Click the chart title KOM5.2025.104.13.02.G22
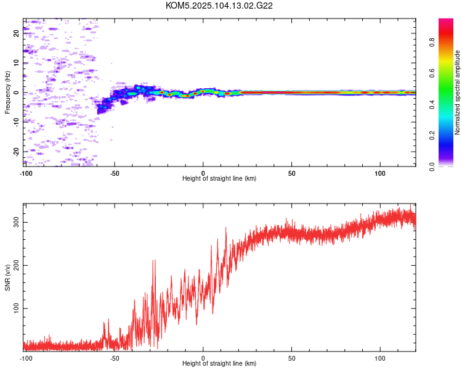point(219,6)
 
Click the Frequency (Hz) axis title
point(7,92)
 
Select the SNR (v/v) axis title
point(7,277)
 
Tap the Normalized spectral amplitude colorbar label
point(457,92)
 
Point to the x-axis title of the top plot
point(219,178)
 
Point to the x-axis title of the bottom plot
point(219,363)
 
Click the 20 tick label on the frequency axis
point(16,33)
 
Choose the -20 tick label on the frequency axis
point(16,152)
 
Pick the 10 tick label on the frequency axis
point(16,63)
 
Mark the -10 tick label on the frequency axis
point(16,122)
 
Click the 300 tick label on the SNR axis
point(16,222)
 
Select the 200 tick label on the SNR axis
point(16,265)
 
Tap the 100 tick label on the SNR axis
point(16,308)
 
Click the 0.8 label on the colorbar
point(432,42)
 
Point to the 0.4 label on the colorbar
point(432,104)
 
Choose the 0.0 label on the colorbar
point(432,166)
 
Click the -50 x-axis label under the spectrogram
point(115,173)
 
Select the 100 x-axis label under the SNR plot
point(380,358)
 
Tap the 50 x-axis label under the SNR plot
point(292,358)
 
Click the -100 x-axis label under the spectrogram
point(26,173)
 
